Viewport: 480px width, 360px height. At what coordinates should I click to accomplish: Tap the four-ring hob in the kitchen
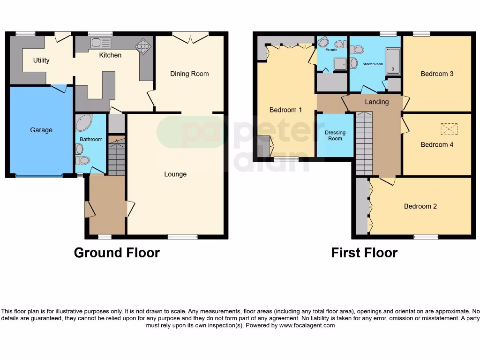pyautogui.click(x=142, y=46)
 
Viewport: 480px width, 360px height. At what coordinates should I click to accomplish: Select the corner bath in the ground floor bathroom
pyautogui.click(x=84, y=122)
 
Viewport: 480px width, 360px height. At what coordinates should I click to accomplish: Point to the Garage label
pyautogui.click(x=41, y=130)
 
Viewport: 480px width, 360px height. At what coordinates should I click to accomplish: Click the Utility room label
pyautogui.click(x=41, y=60)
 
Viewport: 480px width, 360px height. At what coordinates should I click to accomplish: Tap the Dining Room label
pyautogui.click(x=189, y=74)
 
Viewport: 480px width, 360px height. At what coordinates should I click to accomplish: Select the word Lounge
pyautogui.click(x=175, y=174)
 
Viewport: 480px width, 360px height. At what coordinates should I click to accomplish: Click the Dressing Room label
pyautogui.click(x=335, y=135)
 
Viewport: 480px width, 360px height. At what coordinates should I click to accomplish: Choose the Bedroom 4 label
pyautogui.click(x=437, y=144)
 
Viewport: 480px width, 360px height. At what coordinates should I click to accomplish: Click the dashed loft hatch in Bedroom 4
pyautogui.click(x=449, y=128)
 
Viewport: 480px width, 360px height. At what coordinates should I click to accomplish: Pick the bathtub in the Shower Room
pyautogui.click(x=392, y=61)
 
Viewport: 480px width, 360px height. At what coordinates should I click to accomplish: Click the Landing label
pyautogui.click(x=377, y=102)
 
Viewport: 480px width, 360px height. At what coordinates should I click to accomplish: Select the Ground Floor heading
pyautogui.click(x=117, y=253)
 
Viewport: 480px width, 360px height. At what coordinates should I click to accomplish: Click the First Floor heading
pyautogui.click(x=364, y=253)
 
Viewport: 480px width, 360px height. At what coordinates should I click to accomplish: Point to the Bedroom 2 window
pyautogui.click(x=426, y=237)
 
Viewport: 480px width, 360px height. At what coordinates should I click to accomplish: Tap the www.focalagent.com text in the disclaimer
pyautogui.click(x=307, y=325)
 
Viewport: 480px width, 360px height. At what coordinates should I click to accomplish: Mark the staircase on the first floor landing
pyautogui.click(x=364, y=143)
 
